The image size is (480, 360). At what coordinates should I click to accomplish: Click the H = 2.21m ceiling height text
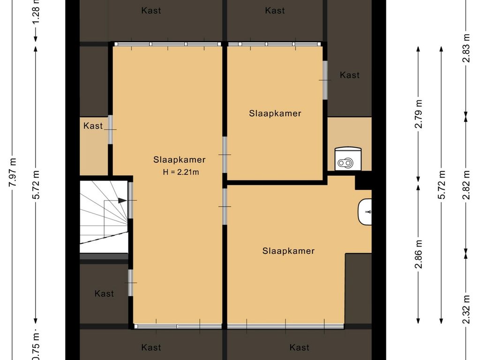[x=181, y=172]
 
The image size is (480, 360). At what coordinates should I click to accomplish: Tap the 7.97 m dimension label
[x=13, y=172]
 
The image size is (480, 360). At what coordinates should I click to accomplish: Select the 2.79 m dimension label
[x=419, y=114]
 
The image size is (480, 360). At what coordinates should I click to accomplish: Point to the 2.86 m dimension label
[x=419, y=254]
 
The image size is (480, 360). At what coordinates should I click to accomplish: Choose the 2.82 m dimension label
[x=465, y=185]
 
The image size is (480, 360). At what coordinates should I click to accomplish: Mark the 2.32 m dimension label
[x=465, y=309]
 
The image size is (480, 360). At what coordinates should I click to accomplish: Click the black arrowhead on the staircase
[x=122, y=201]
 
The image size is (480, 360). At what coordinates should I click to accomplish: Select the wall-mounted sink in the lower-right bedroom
[x=365, y=211]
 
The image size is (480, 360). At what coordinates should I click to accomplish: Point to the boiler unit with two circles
[x=348, y=159]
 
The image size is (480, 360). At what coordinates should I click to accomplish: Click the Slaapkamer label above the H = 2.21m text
[x=180, y=159]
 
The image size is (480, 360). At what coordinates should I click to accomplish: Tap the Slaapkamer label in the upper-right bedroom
[x=275, y=113]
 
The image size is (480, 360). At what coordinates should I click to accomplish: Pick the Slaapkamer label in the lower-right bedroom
[x=288, y=251]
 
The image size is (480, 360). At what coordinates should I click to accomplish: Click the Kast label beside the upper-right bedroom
[x=350, y=75]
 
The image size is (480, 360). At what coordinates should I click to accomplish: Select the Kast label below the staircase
[x=104, y=293]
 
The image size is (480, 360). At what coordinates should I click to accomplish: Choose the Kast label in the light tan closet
[x=93, y=126]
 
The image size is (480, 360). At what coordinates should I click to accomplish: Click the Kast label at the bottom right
[x=300, y=347]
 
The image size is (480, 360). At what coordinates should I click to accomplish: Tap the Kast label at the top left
[x=151, y=10]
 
